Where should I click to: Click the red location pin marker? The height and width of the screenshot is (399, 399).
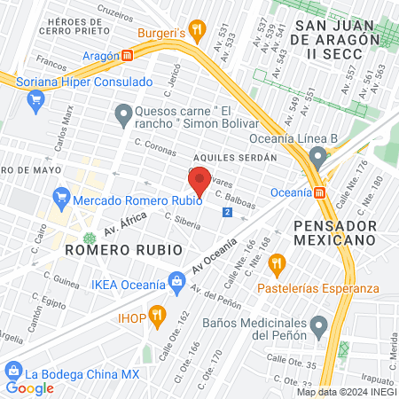click(x=199, y=180)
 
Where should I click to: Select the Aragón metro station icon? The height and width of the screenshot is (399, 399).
click(x=128, y=55)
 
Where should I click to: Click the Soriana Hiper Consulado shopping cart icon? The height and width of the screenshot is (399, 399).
click(x=35, y=98)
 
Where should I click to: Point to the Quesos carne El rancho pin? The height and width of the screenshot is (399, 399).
click(x=123, y=113)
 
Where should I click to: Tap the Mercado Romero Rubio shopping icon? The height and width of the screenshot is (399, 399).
click(x=61, y=195)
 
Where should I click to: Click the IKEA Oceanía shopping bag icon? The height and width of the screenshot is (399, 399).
click(x=177, y=285)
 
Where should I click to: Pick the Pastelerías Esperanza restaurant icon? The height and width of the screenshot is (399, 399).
click(x=277, y=262)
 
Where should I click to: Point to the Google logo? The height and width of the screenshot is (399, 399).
click(x=29, y=387)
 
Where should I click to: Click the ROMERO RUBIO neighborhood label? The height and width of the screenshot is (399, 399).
click(x=111, y=251)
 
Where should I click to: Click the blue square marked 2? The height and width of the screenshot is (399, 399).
click(x=228, y=214)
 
